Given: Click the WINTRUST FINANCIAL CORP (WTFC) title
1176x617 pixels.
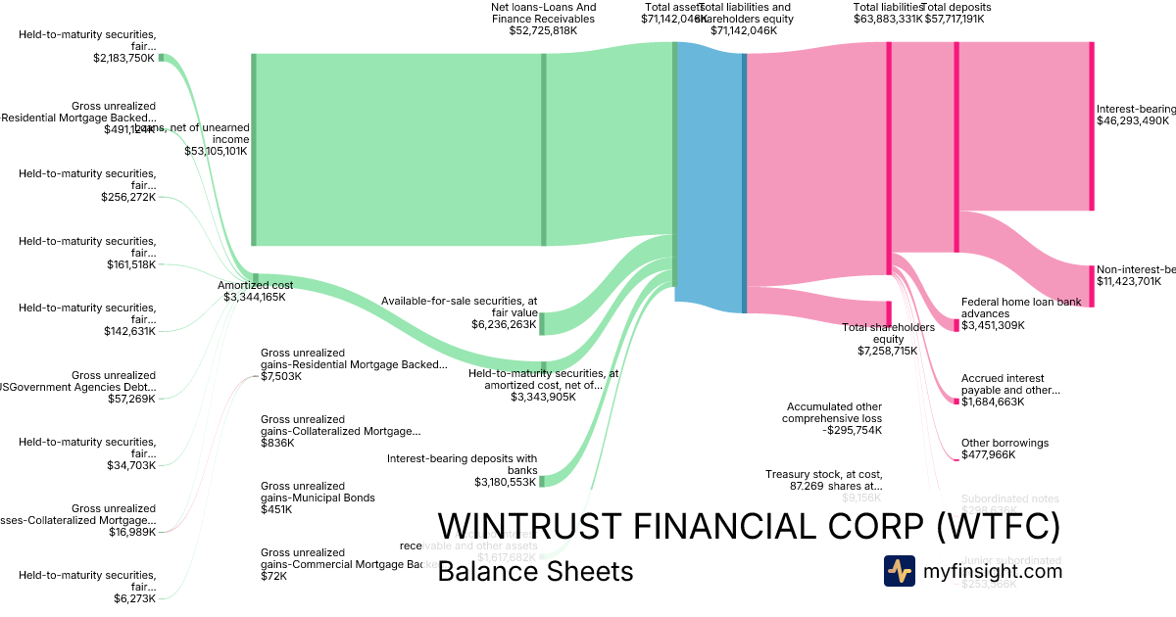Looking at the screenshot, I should point(749,527).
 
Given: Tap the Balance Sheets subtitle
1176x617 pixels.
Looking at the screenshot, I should point(535,572).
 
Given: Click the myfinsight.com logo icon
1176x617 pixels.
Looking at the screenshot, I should point(899,571).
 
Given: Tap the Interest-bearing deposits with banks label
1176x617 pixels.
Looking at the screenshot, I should point(462,470).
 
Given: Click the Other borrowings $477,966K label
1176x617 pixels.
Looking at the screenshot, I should point(1004,449).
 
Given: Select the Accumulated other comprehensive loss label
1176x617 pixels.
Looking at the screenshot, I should point(833,418).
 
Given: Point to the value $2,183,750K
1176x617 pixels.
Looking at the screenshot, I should point(124,58).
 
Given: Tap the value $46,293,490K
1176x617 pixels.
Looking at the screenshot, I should point(1133,120).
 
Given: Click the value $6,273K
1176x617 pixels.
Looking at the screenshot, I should point(134,598).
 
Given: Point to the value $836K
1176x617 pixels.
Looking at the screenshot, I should point(276,443).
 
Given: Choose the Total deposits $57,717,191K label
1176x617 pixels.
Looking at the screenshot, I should point(956,13).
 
